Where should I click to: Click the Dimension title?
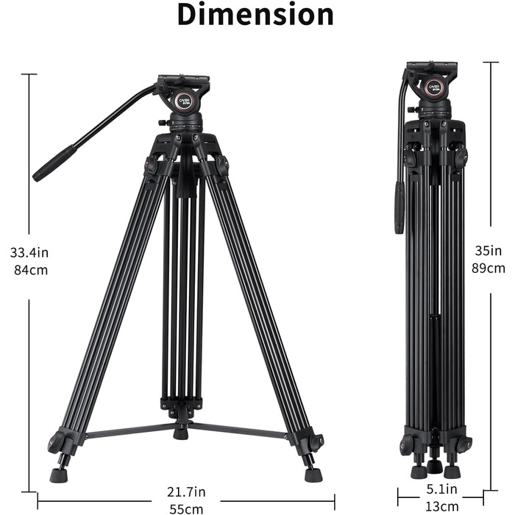click(x=255, y=15)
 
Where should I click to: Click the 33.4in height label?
click(x=29, y=252)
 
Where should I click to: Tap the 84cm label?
click(x=31, y=270)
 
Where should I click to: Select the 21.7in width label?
click(x=186, y=491)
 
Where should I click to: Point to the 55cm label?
click(x=186, y=509)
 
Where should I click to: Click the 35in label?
click(x=489, y=251)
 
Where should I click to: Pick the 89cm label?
click(x=489, y=268)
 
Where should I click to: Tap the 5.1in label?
click(x=441, y=489)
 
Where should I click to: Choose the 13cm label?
click(x=441, y=506)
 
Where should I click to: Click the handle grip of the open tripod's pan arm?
click(x=54, y=163)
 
